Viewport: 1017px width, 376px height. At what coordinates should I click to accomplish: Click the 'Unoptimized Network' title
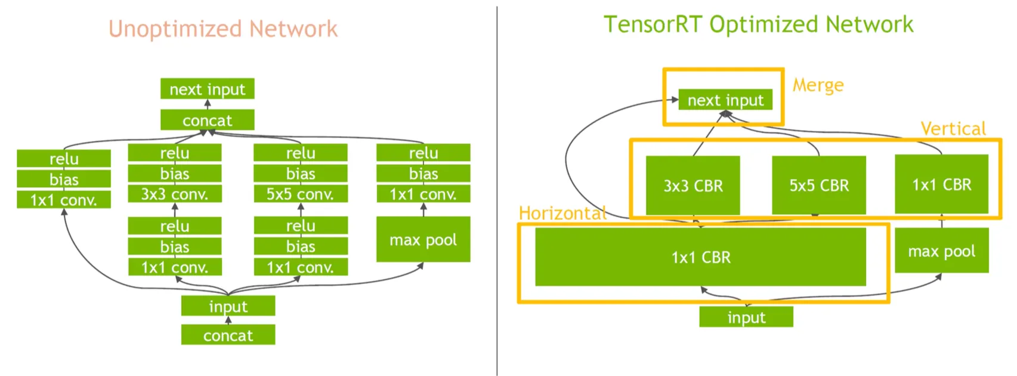pos(222,29)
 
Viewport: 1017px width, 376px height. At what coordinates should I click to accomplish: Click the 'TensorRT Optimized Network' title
pos(758,24)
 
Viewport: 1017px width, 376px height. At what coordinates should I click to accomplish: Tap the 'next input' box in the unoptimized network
pos(207,89)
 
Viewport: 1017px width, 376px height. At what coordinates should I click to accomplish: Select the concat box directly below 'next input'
pos(207,120)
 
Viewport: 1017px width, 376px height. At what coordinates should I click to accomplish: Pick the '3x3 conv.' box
pos(174,194)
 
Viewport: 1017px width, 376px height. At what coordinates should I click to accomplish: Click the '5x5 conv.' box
pos(300,194)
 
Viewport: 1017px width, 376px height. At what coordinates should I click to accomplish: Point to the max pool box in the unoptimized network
pos(423,239)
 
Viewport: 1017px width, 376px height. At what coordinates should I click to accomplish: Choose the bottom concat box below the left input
pos(228,335)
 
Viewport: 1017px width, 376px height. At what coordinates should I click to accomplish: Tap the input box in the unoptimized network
pos(228,306)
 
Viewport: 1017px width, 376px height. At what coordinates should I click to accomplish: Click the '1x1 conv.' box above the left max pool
pos(423,194)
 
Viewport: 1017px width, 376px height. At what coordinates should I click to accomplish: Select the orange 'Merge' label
pos(818,85)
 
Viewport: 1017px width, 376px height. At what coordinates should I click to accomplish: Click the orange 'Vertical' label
pos(953,128)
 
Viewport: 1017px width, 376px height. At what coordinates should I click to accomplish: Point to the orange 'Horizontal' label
pos(562,213)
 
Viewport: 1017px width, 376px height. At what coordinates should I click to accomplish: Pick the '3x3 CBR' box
pos(693,186)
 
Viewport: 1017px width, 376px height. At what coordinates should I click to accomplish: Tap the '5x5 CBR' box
pos(818,186)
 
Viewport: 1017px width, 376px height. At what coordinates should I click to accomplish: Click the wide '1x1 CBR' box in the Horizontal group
pos(700,257)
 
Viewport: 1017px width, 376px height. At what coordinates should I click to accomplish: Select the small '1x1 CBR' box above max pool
pos(941,184)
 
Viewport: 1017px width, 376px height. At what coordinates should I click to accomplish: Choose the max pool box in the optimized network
pos(941,251)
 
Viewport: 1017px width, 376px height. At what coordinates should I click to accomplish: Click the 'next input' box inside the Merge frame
pos(725,100)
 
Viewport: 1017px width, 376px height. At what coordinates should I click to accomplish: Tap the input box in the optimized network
pos(746,317)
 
